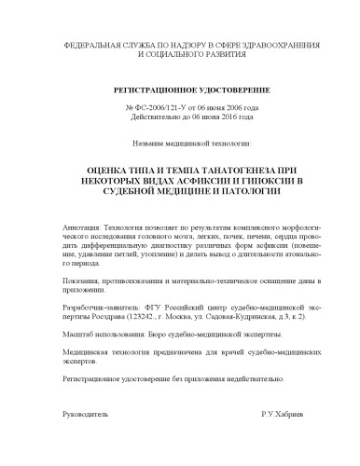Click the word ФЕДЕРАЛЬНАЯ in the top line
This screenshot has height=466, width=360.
pyautogui.click(x=90, y=44)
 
